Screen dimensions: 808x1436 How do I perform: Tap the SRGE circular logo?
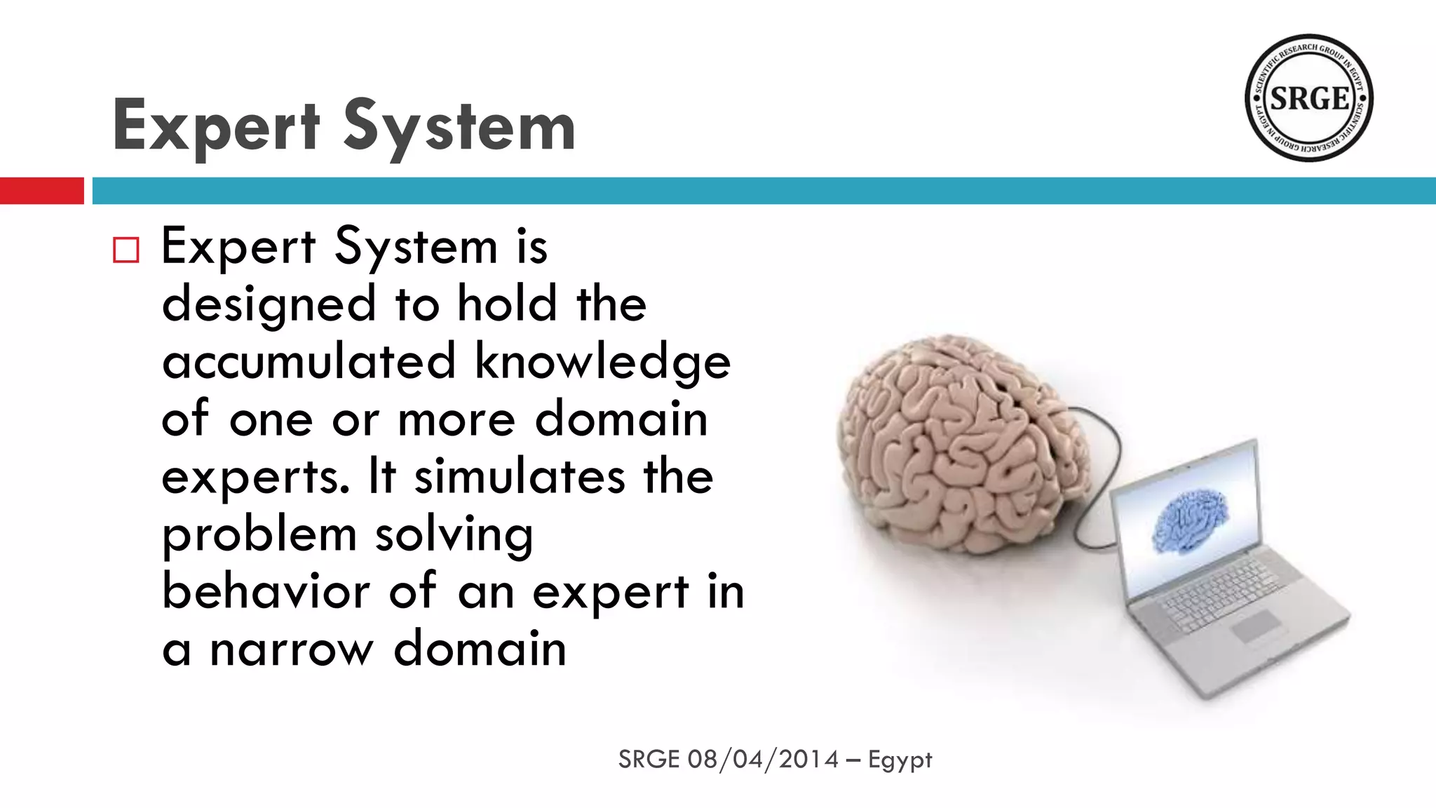[x=1308, y=98]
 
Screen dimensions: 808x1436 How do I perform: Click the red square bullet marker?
[x=126, y=250]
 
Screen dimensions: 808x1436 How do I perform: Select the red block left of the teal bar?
[x=42, y=191]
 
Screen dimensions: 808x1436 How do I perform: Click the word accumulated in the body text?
[x=309, y=361]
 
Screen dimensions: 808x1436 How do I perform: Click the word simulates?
[x=519, y=476]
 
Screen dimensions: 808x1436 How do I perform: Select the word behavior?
[x=266, y=591]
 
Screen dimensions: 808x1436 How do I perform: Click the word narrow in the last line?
[x=292, y=649]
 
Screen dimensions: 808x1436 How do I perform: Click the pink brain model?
[x=961, y=442]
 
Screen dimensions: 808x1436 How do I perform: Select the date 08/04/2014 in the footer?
[x=763, y=760]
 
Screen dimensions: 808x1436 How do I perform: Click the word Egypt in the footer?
[x=900, y=760]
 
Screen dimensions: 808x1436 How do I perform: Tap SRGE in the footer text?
[x=649, y=760]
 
